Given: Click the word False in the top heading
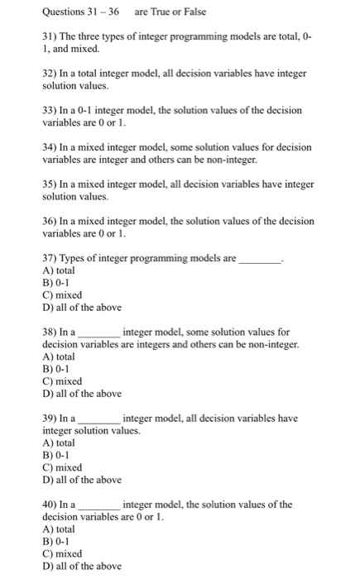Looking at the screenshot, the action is (193, 12).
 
